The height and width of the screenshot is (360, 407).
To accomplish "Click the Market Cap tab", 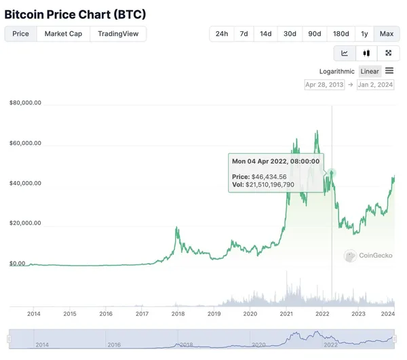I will tap(63, 34).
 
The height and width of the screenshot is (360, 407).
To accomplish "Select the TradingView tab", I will tap(118, 34).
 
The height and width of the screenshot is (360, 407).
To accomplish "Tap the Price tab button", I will tap(21, 34).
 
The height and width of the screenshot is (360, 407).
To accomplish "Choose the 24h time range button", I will tap(222, 34).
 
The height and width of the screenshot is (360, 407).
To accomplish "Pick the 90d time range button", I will tap(315, 34).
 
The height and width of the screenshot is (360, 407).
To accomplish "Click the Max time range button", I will tap(387, 34).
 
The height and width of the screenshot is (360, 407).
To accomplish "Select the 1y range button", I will tap(365, 34).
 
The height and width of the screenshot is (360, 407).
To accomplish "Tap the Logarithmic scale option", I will tap(336, 71).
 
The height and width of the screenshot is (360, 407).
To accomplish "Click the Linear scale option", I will tap(370, 71).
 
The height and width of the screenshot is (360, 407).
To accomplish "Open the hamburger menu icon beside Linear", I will tap(389, 71).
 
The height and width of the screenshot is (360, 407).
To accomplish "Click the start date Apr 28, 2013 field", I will tap(324, 85).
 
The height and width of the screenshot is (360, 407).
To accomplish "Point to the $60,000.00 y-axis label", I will tap(26, 143).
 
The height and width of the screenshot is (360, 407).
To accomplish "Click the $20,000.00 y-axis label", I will tap(26, 223).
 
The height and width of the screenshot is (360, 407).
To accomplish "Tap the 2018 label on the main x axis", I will tap(178, 314).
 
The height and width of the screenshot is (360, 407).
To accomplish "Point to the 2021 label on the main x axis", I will tap(286, 314).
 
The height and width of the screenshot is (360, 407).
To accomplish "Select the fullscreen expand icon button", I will tap(388, 53).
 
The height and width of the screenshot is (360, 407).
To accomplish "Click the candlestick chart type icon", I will tap(366, 53).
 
